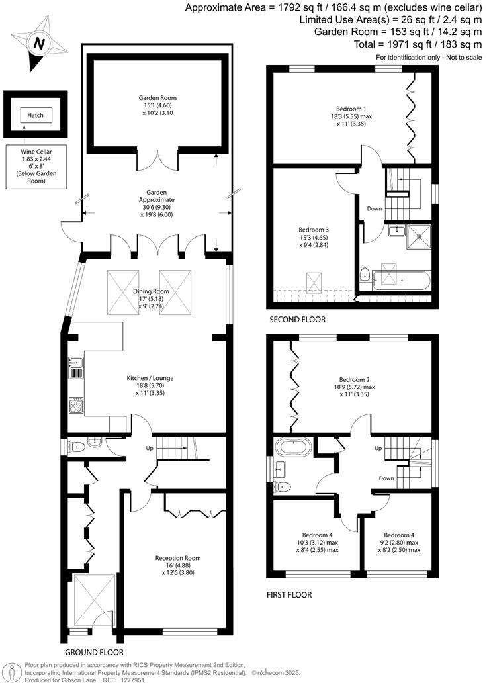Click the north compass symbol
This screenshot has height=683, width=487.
pyautogui.click(x=40, y=44)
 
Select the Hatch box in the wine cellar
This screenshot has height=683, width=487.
pyautogui.click(x=35, y=115)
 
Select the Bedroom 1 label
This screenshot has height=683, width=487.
pyautogui.click(x=351, y=109)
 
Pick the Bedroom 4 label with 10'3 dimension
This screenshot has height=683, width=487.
pyautogui.click(x=317, y=535)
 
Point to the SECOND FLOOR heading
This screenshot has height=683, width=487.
pyautogui.click(x=297, y=320)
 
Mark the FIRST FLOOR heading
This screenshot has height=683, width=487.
pyautogui.click(x=290, y=595)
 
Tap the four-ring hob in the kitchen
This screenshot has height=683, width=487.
pyautogui.click(x=76, y=404)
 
